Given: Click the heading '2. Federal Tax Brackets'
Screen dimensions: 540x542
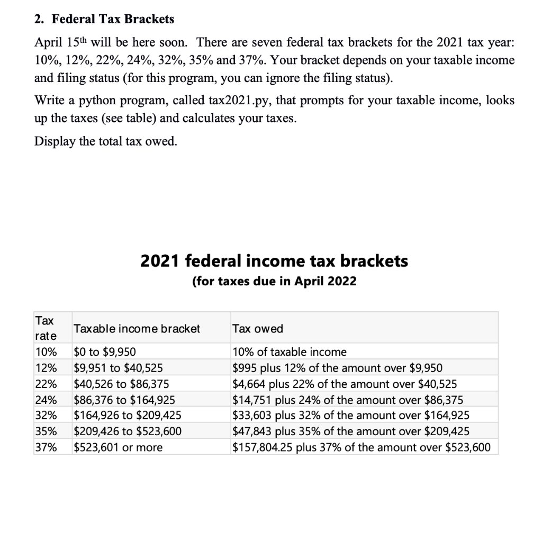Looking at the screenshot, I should pyautogui.click(x=104, y=19).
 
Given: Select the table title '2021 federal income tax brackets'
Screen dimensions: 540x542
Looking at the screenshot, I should pyautogui.click(x=274, y=261).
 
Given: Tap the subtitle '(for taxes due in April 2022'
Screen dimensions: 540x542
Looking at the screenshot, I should pyautogui.click(x=274, y=281).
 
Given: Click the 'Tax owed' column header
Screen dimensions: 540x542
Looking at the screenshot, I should pyautogui.click(x=258, y=329).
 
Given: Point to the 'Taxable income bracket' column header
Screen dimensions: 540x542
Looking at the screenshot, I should pyautogui.click(x=137, y=329).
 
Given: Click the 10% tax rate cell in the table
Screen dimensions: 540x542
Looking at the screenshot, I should pyautogui.click(x=45, y=352).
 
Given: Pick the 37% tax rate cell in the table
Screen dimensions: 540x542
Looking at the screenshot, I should pyautogui.click(x=45, y=447).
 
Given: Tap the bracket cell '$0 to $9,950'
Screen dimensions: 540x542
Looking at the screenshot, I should pyautogui.click(x=105, y=352).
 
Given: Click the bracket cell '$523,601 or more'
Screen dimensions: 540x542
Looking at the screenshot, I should pyautogui.click(x=118, y=447).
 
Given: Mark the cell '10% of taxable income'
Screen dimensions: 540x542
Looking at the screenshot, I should pyautogui.click(x=290, y=352).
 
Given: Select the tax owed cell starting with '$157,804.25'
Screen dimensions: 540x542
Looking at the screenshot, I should pyautogui.click(x=362, y=447).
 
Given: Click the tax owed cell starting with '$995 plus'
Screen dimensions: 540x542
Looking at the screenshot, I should pyautogui.click(x=338, y=368).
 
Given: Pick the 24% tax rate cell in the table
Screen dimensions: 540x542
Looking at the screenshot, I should pyautogui.click(x=45, y=400).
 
